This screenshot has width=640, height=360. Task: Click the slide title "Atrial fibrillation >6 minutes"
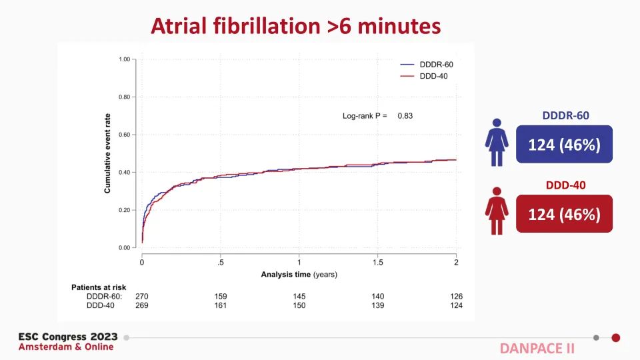coord(296,25)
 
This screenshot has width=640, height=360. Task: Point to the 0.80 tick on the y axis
coord(123,97)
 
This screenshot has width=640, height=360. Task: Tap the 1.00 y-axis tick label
coord(123,59)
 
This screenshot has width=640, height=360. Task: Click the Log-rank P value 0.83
coord(405,116)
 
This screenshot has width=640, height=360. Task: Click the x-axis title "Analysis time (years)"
coord(299,273)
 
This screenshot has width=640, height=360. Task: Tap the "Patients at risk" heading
coord(99,287)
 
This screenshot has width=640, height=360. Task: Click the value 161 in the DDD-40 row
coord(220,305)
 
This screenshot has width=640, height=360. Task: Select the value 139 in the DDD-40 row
coord(377,305)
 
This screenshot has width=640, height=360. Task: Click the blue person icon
coord(497,142)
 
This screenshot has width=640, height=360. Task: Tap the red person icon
coord(497,212)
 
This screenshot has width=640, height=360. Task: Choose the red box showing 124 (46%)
coord(564,214)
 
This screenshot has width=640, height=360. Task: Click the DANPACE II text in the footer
coord(537,348)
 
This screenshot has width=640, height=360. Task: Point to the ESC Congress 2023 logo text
coord(68,337)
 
